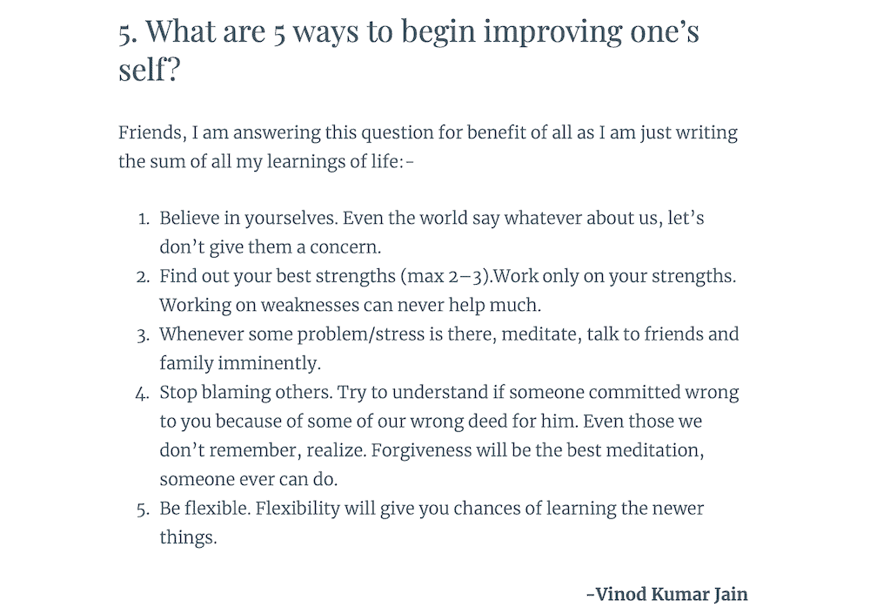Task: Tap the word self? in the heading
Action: click(x=149, y=70)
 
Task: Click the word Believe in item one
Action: click(x=189, y=218)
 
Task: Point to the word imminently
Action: click(x=270, y=362)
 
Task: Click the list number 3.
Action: click(x=144, y=334)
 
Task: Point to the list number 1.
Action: click(x=144, y=219)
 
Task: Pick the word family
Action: click(x=186, y=362)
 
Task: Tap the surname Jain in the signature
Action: click(x=730, y=595)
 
